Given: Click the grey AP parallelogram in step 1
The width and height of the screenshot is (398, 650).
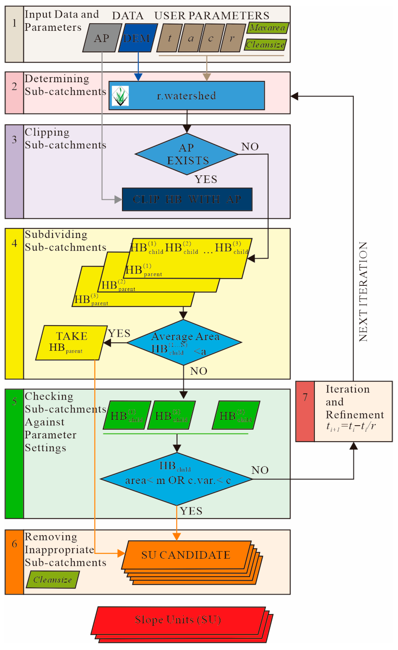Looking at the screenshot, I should pos(102,38).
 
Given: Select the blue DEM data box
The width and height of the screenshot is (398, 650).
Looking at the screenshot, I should pos(138,38).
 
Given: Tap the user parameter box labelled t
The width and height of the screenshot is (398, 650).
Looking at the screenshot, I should pos(169,38).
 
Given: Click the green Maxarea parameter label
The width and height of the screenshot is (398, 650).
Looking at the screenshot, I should pos(267,28).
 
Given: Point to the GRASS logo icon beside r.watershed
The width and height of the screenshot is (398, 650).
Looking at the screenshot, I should pos(120,96).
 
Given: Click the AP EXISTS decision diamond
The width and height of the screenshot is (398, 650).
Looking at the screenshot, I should pos(187,154).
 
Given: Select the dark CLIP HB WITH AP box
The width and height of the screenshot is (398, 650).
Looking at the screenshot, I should pos(187,199).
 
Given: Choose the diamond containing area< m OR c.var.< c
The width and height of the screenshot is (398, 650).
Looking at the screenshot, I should pos(177,479).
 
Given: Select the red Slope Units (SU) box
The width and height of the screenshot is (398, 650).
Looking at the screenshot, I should pos(178,620).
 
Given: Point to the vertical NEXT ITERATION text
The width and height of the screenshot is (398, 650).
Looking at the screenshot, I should pos(363,291).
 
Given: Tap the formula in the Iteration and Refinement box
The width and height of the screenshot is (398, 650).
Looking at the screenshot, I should pos(351,426).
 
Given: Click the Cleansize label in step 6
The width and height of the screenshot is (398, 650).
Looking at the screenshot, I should pos(53,580).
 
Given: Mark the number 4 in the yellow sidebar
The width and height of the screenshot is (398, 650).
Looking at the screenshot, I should pos(14,243).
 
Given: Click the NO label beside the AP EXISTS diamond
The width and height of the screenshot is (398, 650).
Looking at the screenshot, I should pos(250,147).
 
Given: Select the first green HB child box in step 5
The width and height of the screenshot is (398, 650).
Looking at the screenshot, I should pos(127,415).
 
